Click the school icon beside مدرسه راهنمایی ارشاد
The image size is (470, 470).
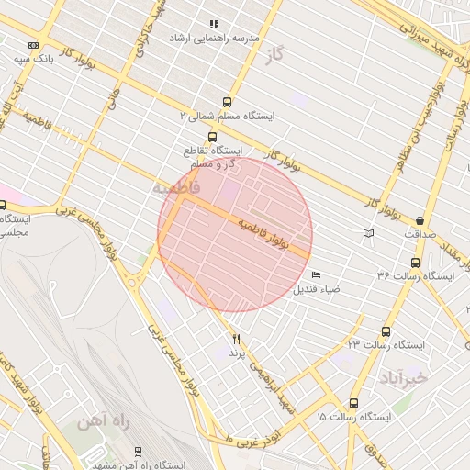coord(213,24)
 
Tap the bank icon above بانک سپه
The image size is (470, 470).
coord(34,45)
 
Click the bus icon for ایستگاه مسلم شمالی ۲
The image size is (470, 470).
coord(227,103)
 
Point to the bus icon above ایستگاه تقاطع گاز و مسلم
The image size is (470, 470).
coord(213,137)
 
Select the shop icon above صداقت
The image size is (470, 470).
coord(420,220)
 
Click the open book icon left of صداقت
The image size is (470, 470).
coord(369,234)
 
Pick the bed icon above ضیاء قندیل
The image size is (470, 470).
coord(317,274)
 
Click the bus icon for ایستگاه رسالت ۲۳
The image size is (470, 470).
coord(385,331)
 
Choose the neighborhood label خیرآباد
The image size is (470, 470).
coord(403,377)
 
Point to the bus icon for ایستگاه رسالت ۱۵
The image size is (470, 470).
coord(354,403)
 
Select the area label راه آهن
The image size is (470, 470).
coord(94,421)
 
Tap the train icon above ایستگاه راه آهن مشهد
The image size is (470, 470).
coord(138,451)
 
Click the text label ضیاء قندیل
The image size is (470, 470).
coord(317,289)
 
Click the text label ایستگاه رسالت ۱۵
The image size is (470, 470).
coord(353,417)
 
